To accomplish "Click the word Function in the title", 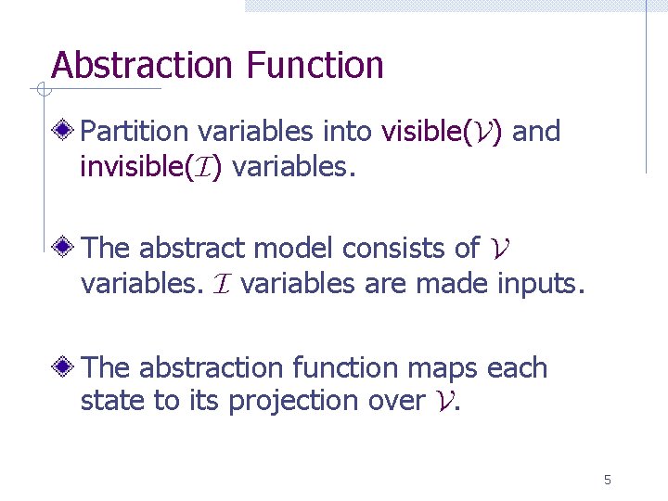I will tap(315, 66).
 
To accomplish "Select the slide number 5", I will tap(608, 480).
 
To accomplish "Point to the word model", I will tap(294, 249).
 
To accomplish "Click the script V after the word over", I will tap(443, 402).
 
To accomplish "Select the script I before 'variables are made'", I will tap(222, 284).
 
